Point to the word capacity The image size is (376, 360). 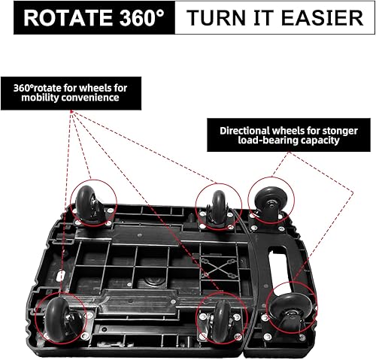[x=320, y=140]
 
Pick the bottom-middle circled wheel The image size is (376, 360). [x=220, y=320]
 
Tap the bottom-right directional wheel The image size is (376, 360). [x=290, y=309]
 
